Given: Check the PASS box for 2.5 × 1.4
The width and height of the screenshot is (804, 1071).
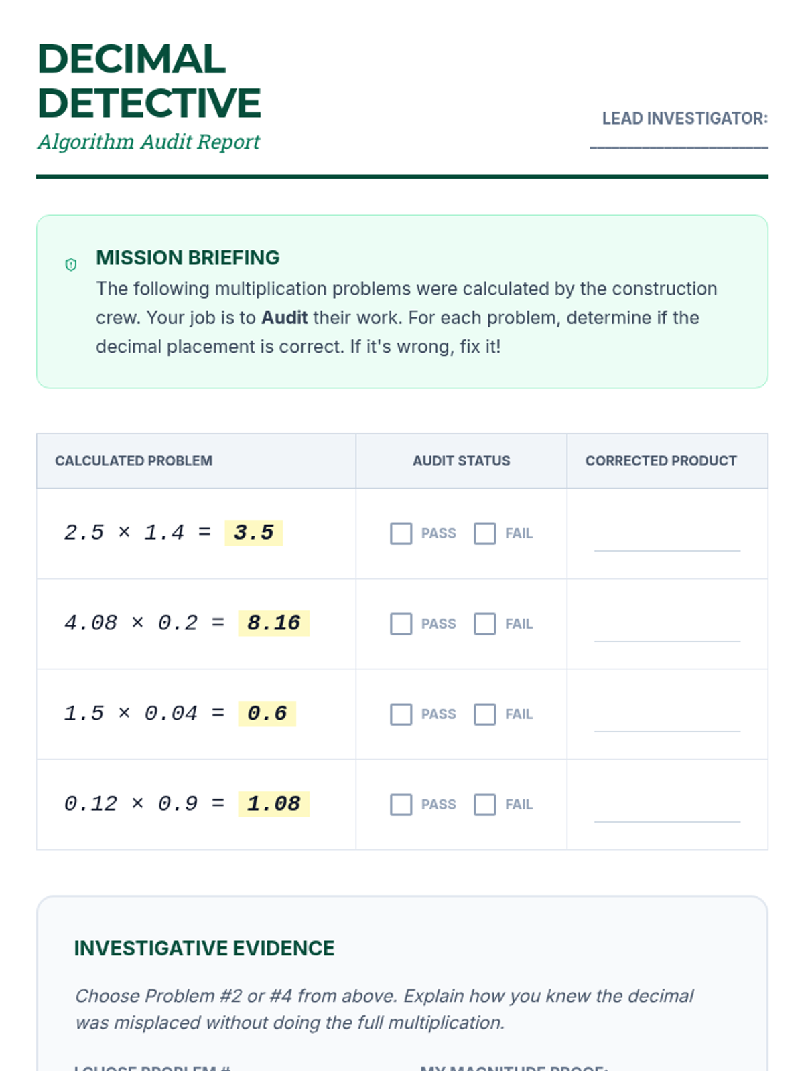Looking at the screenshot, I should coord(401,533).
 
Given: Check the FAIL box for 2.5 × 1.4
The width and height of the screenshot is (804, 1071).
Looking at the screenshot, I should coord(484,533).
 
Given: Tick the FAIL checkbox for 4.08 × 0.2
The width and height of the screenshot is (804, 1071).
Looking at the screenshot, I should coord(484,624).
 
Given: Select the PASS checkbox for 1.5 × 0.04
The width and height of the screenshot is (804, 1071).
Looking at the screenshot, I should coord(401,714).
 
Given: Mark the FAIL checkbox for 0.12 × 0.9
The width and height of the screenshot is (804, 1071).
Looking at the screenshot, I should coord(484,805).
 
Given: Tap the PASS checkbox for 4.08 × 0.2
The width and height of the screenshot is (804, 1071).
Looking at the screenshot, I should coord(401,624).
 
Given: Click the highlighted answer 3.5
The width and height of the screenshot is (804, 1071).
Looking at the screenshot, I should coord(253,533).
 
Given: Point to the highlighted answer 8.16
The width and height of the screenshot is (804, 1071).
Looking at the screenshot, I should coord(273,623).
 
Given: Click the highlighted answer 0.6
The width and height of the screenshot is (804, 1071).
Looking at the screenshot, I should coord(267,714).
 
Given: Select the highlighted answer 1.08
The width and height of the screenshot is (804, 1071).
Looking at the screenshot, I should coord(273,804).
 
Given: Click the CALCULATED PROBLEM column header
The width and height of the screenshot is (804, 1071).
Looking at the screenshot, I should coord(134,461).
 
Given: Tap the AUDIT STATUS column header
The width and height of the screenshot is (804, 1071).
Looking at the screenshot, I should coord(461,461).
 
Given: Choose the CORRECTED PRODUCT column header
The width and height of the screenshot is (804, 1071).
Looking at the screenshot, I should coord(661,461).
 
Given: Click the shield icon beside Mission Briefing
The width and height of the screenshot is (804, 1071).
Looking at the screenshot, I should coord(71,264).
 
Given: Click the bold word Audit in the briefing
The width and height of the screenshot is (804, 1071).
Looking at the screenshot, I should coord(284,317).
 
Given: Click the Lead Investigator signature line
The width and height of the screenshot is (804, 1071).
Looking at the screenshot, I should coord(679,144).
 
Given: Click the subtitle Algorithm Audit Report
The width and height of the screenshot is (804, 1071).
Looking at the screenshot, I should coord(149,142).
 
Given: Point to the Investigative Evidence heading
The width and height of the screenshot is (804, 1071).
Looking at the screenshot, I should coord(204,949).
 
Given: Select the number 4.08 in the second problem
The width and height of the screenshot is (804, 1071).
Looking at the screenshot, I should coord(90,623).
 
